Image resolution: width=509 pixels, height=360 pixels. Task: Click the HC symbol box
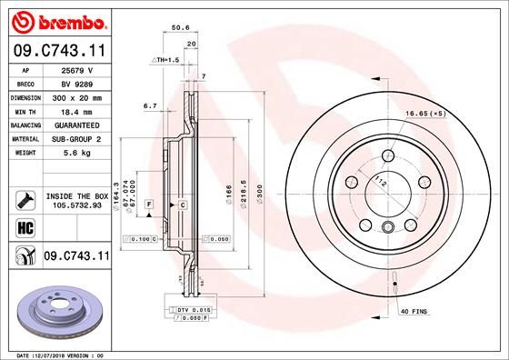(x=25, y=225)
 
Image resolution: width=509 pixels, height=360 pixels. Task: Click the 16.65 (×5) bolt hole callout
(x=426, y=115)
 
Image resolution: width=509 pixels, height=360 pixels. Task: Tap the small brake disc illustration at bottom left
(x=56, y=309)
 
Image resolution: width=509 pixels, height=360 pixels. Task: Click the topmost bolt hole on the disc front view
(x=390, y=152)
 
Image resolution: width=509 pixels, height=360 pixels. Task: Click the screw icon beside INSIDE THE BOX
(x=25, y=198)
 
